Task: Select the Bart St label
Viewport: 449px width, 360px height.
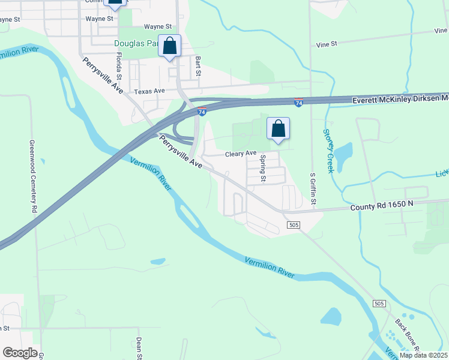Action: [197, 67]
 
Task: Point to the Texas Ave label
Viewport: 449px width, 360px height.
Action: [149, 91]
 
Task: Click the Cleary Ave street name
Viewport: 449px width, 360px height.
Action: [241, 154]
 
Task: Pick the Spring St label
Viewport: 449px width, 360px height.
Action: [263, 169]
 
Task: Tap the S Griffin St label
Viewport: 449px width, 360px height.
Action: [313, 189]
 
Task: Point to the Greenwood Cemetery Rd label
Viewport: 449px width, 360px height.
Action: [34, 178]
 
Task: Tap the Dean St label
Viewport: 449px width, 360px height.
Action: [139, 347]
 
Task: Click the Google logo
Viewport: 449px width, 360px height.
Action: [20, 353]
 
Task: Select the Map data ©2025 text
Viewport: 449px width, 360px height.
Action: [423, 355]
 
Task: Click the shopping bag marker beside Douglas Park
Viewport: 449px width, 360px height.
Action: [170, 45]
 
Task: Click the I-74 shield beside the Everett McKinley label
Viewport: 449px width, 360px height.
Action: [298, 103]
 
